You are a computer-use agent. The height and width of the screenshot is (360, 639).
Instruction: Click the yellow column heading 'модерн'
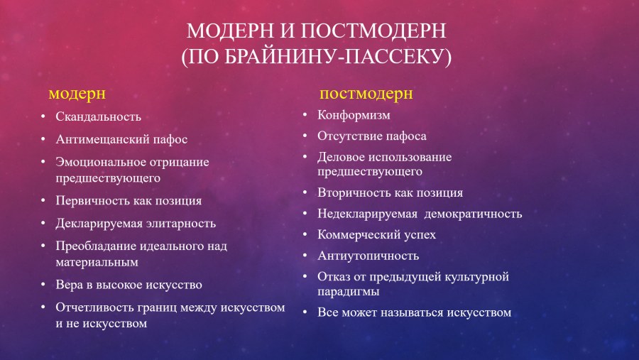point(77,93)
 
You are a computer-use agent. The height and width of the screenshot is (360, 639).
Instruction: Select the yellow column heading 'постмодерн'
point(366,93)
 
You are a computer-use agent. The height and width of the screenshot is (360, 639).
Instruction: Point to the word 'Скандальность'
point(99,116)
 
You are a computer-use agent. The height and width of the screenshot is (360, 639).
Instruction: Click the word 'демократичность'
point(473,213)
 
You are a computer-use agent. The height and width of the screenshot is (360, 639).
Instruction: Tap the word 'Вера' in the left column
point(70,284)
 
